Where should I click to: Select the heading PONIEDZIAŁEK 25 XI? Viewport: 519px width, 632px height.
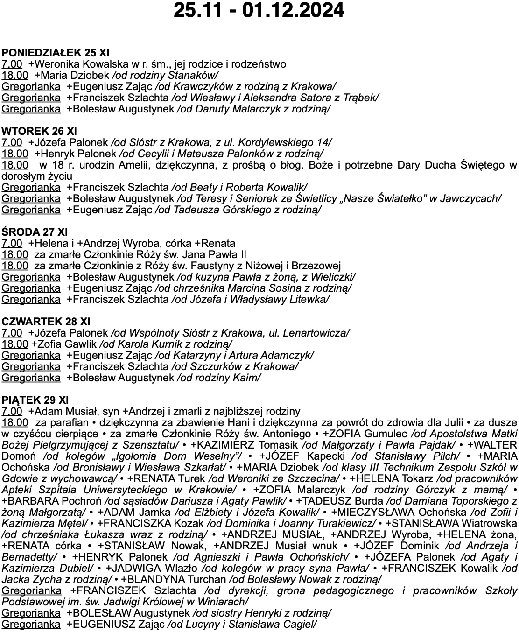(56, 53)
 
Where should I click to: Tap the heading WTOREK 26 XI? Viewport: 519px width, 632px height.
(39, 131)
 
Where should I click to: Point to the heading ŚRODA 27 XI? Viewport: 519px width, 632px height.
(35, 232)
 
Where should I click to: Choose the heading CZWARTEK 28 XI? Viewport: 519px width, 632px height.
(46, 322)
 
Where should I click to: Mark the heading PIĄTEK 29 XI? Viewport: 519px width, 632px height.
(35, 400)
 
